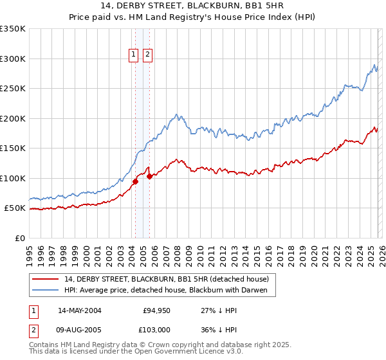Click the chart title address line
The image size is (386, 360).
point(193,6)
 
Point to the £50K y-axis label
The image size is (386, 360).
point(15,208)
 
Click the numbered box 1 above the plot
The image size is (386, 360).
point(134,55)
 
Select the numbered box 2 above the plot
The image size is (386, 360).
point(147,55)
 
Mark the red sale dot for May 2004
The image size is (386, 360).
point(136,181)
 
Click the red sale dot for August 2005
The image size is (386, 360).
point(149,176)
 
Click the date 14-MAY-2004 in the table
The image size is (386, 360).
point(79,310)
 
